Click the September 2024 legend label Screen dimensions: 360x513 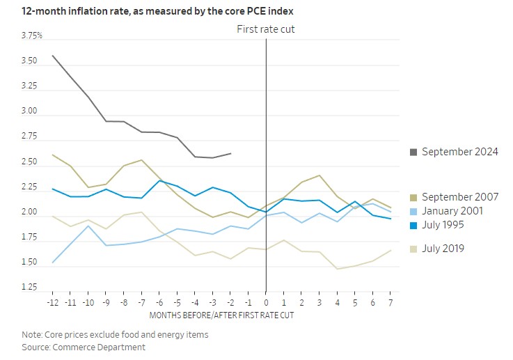(459, 152)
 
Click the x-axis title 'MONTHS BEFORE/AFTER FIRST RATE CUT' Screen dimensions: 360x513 (221, 315)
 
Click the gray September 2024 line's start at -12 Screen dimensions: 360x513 (53, 55)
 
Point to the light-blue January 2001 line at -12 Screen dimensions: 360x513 (53, 263)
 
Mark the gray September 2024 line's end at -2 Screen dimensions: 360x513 (230, 153)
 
